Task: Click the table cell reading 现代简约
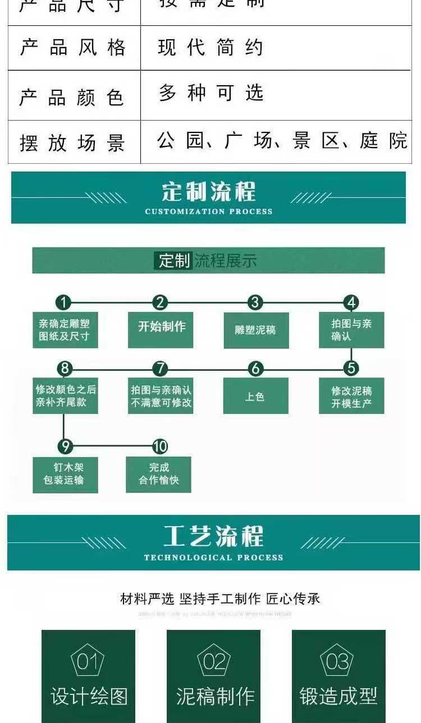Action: [x=210, y=48]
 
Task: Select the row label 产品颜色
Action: [x=71, y=97]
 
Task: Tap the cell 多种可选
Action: [x=210, y=93]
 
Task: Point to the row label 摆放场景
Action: [x=72, y=142]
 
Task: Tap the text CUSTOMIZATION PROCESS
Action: [x=208, y=211]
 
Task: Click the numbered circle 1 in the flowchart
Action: [x=63, y=303]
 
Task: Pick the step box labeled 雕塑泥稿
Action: [x=255, y=330]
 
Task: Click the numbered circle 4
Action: [x=351, y=303]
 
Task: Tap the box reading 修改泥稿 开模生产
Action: [x=351, y=396]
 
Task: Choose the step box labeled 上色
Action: [x=255, y=396]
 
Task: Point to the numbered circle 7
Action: [x=160, y=369]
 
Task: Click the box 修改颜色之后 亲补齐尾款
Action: [x=65, y=396]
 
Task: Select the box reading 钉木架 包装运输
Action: [x=65, y=474]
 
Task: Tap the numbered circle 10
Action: [x=160, y=446]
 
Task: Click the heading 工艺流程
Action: [x=213, y=536]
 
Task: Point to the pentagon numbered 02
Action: [x=214, y=662]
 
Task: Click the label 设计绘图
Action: [x=89, y=696]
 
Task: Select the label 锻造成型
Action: [x=338, y=696]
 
